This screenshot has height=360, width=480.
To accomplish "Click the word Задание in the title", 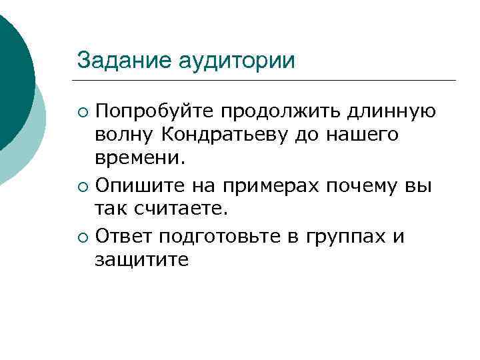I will point(125,59).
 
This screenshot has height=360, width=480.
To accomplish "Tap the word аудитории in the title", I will point(237,61).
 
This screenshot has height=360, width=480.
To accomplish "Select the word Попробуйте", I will point(155,110).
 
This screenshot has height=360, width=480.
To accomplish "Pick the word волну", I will point(124,135).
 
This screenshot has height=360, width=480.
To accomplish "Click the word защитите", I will point(141,259).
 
